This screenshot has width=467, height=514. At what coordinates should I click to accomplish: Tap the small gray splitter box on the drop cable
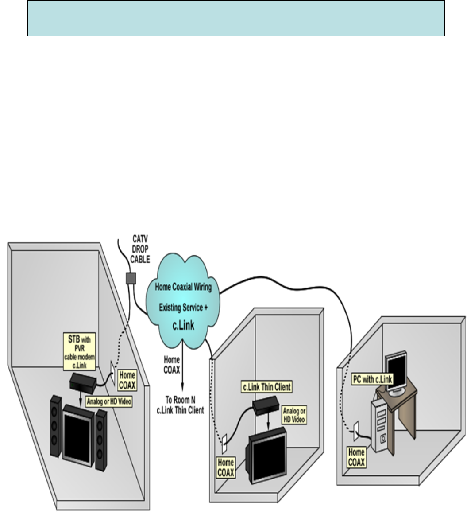(x=130, y=278)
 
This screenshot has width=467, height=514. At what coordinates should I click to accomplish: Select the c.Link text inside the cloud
(x=184, y=326)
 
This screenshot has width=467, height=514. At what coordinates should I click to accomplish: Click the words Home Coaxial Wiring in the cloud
(x=183, y=287)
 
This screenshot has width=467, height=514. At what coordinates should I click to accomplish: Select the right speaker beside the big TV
(x=101, y=440)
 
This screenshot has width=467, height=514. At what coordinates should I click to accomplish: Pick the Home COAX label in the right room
(x=357, y=457)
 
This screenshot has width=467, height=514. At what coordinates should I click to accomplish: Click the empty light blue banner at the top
(x=236, y=18)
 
